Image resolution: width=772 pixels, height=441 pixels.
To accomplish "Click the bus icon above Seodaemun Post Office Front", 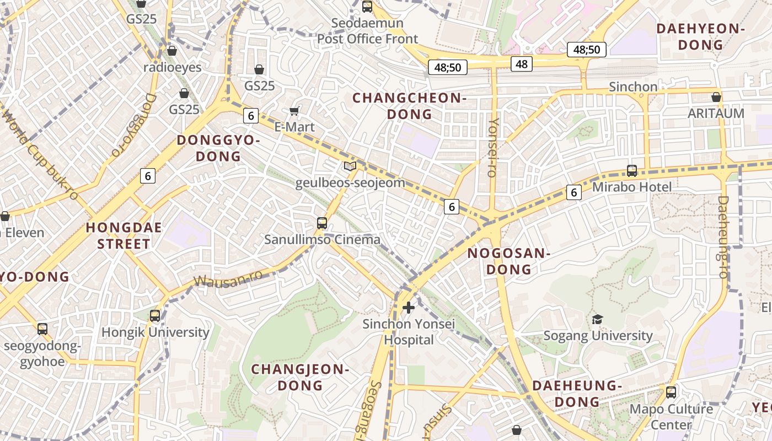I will (367, 7).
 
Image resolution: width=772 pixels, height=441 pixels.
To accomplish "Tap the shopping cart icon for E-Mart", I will (295, 111).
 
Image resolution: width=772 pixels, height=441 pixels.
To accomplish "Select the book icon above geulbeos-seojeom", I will (350, 166).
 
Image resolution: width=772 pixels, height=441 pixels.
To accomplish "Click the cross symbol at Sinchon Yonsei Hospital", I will (409, 307).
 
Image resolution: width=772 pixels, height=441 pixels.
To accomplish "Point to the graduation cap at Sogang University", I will (598, 319).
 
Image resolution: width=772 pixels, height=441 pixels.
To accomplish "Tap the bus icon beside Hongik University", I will (155, 315).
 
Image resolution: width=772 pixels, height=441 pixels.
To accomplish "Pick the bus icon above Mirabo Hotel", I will (632, 171).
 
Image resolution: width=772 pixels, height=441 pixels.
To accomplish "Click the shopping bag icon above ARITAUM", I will (716, 97).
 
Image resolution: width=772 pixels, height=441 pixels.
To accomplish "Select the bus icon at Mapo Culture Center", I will (671, 392).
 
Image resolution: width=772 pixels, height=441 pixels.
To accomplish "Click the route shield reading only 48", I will (522, 64).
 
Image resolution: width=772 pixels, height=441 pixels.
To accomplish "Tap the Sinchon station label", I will (633, 87).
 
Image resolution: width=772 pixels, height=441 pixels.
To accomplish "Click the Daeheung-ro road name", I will (723, 237).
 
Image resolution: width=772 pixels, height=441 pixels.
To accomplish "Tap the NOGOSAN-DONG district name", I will (508, 261).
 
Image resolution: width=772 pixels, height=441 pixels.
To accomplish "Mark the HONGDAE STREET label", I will (124, 236).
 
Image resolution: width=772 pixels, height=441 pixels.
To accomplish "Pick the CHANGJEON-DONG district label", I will (301, 377).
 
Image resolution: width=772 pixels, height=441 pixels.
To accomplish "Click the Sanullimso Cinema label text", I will (322, 240).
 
